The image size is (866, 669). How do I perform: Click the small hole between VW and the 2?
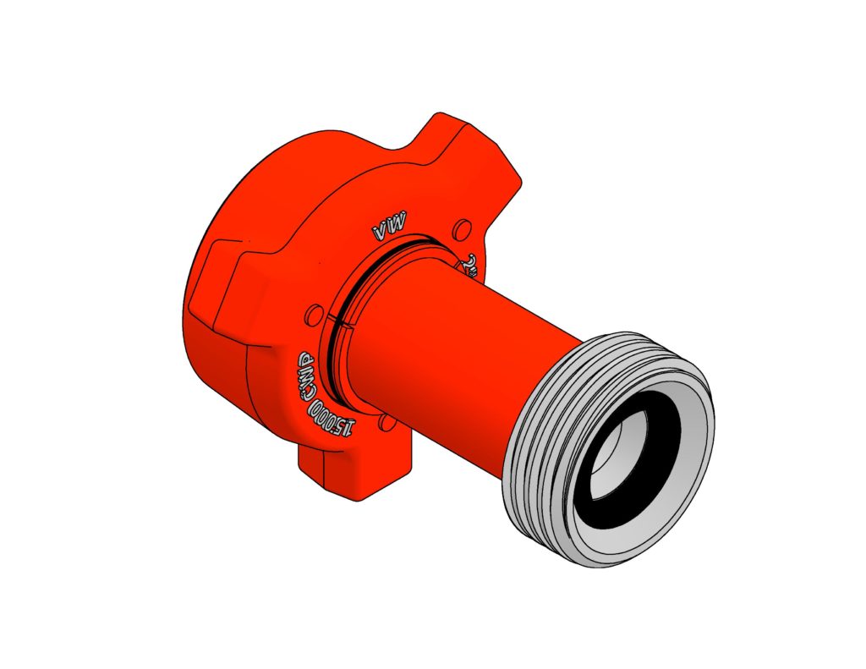[462, 228]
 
